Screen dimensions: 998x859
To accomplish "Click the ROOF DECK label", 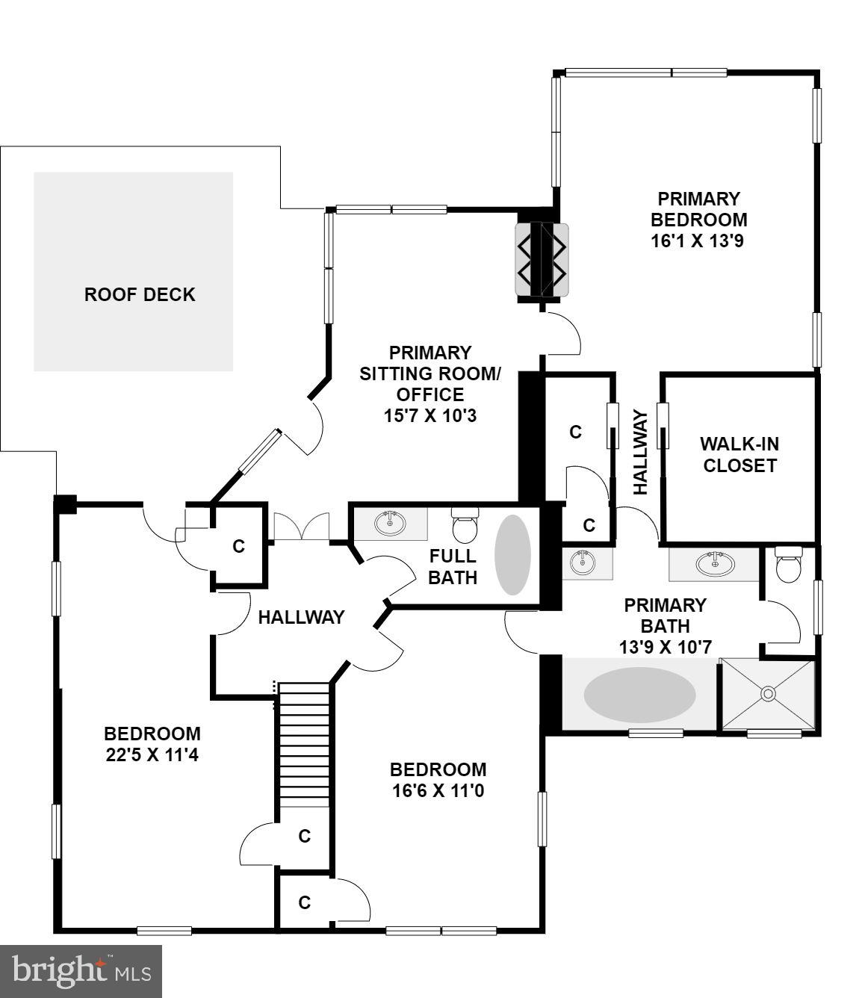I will [140, 294].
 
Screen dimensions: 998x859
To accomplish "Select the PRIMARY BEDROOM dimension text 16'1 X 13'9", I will [698, 241].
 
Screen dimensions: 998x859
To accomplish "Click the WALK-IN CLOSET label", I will [739, 454].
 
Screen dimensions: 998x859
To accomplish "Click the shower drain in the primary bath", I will [767, 694].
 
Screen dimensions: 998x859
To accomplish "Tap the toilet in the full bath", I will [465, 525].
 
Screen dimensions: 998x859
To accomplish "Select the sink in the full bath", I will [389, 523].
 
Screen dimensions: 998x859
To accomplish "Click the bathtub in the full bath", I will [513, 554].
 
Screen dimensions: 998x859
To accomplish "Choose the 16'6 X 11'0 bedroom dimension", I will [438, 790].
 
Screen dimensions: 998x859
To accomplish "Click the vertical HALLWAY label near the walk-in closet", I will [640, 451].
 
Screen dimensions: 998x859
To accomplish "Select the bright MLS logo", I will [81, 971].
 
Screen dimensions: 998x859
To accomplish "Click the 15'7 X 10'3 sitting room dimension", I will [429, 415].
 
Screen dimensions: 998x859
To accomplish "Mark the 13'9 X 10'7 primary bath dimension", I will [665, 647].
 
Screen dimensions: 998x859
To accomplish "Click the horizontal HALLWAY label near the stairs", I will [301, 617].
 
